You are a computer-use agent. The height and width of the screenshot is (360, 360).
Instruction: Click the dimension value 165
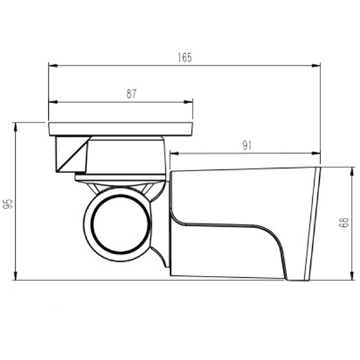pos(184,59)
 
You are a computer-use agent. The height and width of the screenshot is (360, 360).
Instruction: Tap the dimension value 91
pos(245,146)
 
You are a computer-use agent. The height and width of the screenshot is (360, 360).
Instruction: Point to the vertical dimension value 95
pos(9,202)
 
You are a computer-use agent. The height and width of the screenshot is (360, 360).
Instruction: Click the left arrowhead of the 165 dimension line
pos(53,68)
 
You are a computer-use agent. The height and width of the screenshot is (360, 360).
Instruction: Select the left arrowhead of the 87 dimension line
pos(53,101)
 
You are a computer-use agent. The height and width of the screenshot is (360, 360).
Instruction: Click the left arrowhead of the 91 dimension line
pos(173,154)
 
